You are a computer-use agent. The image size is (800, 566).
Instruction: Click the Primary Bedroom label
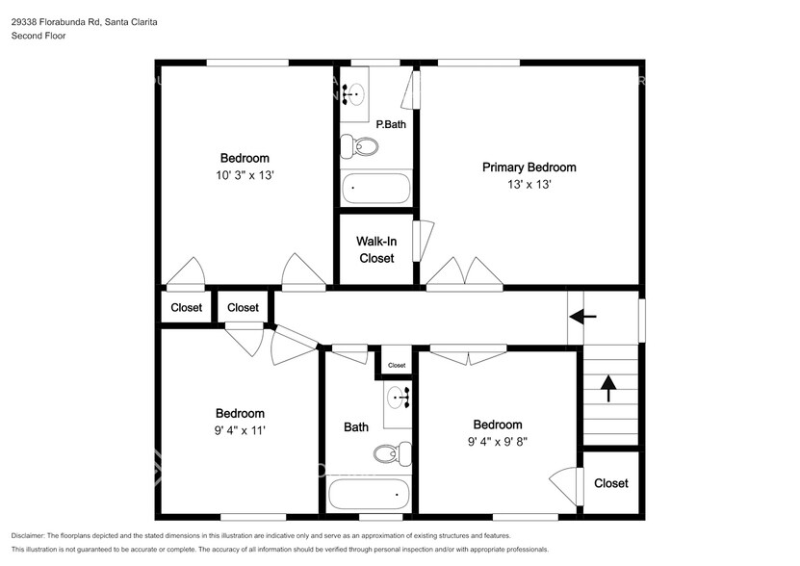pyautogui.click(x=529, y=167)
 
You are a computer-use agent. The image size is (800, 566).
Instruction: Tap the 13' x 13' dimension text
pyautogui.click(x=529, y=185)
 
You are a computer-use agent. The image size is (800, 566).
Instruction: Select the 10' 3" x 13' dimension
pyautogui.click(x=245, y=175)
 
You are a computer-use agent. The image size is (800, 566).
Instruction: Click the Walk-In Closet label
pyautogui.click(x=375, y=249)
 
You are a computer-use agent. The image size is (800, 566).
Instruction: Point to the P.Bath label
pyautogui.click(x=389, y=124)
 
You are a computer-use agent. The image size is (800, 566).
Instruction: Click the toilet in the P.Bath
pyautogui.click(x=360, y=147)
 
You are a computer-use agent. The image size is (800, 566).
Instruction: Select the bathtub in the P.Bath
pyautogui.click(x=375, y=187)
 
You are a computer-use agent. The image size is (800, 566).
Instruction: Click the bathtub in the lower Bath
pyautogui.click(x=368, y=495)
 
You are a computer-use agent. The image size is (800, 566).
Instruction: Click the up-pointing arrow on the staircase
pyautogui.click(x=608, y=388)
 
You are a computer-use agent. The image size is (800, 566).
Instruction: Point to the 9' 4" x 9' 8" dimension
pyautogui.click(x=498, y=443)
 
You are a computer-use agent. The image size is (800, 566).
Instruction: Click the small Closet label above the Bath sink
pyautogui.click(x=397, y=366)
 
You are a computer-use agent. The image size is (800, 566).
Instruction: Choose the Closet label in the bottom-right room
pyautogui.click(x=611, y=483)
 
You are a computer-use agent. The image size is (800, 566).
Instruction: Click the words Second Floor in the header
pyautogui.click(x=38, y=37)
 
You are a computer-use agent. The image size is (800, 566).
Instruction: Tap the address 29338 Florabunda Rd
pyautogui.click(x=60, y=21)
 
